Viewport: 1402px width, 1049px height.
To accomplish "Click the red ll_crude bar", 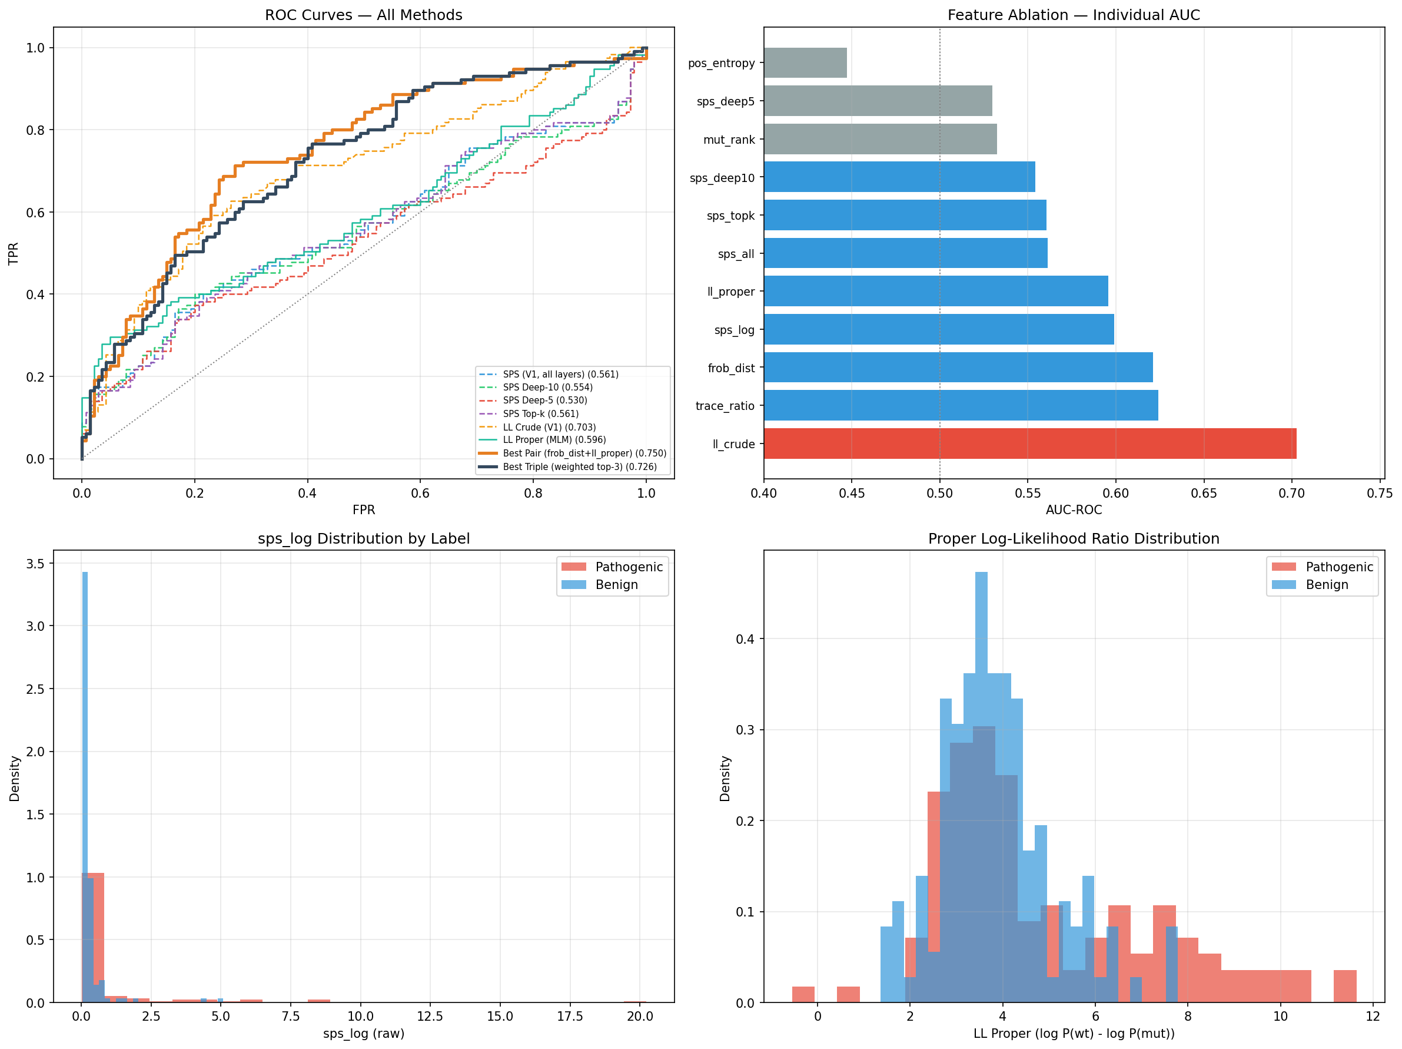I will (x=1029, y=444).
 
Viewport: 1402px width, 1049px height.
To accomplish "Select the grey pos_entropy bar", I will (x=805, y=63).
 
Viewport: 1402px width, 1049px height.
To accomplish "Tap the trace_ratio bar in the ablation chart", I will (x=960, y=405).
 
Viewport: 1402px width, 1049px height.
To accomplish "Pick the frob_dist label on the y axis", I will (x=731, y=368).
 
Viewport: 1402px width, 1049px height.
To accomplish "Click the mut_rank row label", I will (x=729, y=140).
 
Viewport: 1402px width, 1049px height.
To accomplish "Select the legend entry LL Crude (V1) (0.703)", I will (x=549, y=427).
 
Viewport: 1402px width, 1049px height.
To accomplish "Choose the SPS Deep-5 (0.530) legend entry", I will (x=544, y=400).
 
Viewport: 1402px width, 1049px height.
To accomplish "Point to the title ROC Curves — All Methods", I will (x=363, y=15).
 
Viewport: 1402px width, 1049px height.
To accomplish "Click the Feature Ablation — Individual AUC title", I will (x=1073, y=15).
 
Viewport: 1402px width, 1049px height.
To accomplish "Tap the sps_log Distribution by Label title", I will (x=363, y=538).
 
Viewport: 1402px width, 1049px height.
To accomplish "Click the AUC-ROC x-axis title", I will (x=1073, y=510).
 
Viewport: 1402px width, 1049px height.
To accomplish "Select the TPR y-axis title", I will (x=14, y=253).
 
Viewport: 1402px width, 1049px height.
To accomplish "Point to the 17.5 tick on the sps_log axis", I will (x=570, y=1016).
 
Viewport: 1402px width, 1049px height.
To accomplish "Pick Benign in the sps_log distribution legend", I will (x=616, y=585).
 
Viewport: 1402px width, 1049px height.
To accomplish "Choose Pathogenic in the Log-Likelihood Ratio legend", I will (x=1338, y=567).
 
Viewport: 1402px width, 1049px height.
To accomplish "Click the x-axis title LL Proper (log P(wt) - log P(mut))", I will (x=1073, y=1033).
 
